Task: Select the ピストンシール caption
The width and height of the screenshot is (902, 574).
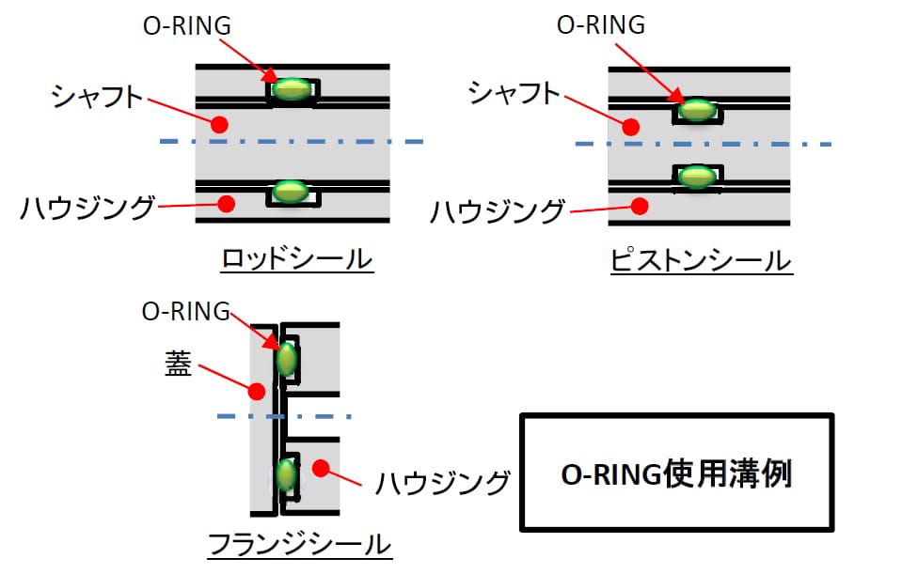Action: coord(701,259)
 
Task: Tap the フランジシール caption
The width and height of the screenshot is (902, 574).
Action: coord(298,545)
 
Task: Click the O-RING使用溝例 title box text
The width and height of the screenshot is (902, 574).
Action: coord(676,473)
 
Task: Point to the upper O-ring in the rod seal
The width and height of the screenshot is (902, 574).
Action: coord(293,89)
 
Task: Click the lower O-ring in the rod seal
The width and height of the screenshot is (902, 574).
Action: coord(291,192)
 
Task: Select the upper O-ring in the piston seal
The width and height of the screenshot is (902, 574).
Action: coord(697,110)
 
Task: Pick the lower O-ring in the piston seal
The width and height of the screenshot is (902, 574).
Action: coord(697,176)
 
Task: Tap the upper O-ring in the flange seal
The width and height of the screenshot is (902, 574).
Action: coord(286,359)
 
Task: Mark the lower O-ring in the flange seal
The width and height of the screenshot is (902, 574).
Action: coord(286,475)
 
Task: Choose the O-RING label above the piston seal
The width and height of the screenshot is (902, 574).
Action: coord(601,25)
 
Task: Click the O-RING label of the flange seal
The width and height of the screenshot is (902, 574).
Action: coord(186,312)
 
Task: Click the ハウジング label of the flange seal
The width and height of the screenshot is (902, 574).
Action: coord(443,484)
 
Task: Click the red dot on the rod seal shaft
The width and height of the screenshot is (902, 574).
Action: coord(219,123)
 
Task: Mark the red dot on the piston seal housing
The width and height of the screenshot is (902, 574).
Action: coord(640,204)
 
